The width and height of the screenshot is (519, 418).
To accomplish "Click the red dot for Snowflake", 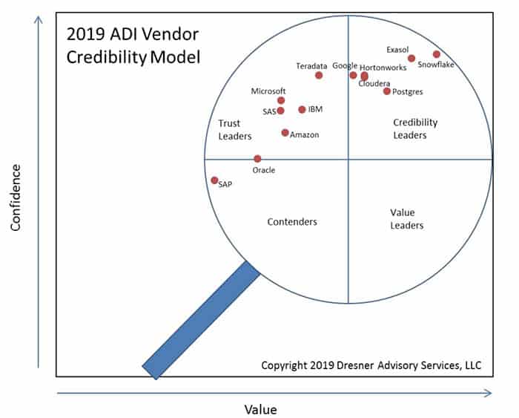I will (437, 54).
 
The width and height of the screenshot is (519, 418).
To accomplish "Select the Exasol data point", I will (411, 59).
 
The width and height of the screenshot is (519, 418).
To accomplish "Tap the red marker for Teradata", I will (319, 75).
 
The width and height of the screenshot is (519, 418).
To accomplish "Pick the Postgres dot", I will (386, 91).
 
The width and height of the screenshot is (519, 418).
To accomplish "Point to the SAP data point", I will (214, 180).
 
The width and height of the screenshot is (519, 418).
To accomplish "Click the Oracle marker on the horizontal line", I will (257, 159).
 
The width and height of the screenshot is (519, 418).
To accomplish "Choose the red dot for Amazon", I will (285, 133).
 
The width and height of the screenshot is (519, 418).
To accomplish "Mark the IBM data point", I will (302, 110).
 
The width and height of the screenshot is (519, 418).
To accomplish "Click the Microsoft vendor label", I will (268, 91).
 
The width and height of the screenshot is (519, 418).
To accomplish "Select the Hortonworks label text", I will (383, 67).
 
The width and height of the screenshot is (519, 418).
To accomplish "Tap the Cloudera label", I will (374, 83).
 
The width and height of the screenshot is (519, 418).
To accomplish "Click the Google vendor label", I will (345, 65).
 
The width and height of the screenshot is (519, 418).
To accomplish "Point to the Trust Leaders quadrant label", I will (235, 129).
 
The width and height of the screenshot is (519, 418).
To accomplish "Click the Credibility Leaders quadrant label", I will (415, 128).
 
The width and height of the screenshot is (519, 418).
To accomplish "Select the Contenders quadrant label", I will (292, 221).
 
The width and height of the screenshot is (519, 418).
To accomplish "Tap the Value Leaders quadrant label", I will (407, 218).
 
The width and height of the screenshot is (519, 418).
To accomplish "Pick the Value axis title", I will (260, 408).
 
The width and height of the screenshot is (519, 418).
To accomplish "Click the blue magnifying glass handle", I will (200, 319).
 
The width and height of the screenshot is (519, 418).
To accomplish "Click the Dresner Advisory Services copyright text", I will (371, 365).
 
